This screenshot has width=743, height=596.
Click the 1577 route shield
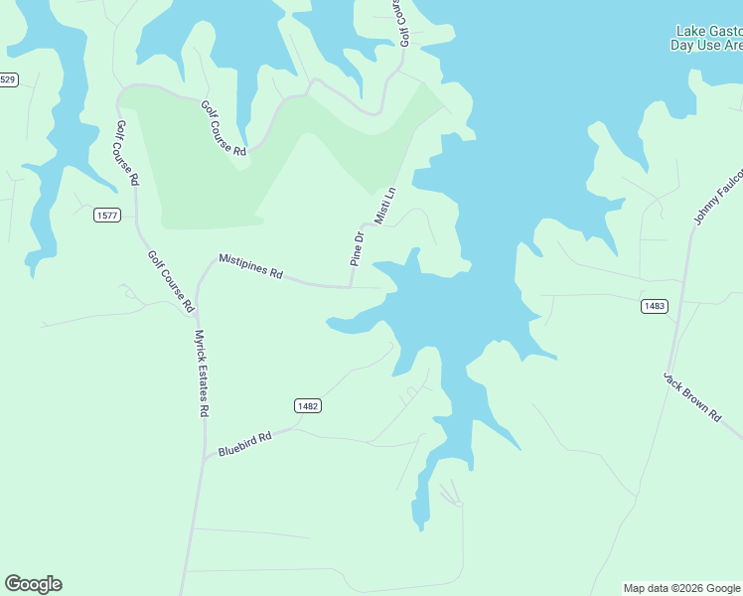107,215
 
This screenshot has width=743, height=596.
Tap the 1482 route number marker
307,405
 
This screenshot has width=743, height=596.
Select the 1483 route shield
654,306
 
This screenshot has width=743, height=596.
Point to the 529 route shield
8,79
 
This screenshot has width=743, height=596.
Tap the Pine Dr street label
358,247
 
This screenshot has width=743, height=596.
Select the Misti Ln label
384,205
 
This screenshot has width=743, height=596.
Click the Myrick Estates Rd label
203,372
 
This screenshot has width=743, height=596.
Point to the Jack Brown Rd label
691,397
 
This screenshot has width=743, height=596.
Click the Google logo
34,584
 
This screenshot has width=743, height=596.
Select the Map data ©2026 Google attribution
682,588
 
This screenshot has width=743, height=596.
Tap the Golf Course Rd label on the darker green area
223,128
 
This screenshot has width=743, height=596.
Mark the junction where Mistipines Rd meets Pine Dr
351,287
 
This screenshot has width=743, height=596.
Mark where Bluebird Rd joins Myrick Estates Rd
204,458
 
